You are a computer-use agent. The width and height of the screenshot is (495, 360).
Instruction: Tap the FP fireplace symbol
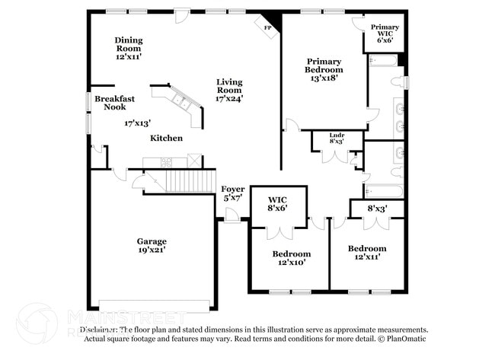tap(267, 28)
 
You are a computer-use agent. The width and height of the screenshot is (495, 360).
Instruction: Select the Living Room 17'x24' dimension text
tap(229, 97)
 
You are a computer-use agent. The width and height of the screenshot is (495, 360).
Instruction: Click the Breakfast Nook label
tap(114, 103)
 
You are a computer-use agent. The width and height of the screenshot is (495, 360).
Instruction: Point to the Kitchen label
tap(166, 138)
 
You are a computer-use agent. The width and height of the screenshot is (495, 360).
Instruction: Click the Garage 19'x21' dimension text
tap(152, 250)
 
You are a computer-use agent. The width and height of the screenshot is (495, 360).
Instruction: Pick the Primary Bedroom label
tap(324, 62)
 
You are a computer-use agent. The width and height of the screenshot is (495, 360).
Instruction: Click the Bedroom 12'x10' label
tap(292, 253)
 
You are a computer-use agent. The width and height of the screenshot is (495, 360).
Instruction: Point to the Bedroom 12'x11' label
tap(367, 248)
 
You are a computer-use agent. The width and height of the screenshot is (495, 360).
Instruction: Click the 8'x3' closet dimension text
tap(378, 207)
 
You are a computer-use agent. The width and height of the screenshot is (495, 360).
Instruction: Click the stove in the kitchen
tap(167, 161)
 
